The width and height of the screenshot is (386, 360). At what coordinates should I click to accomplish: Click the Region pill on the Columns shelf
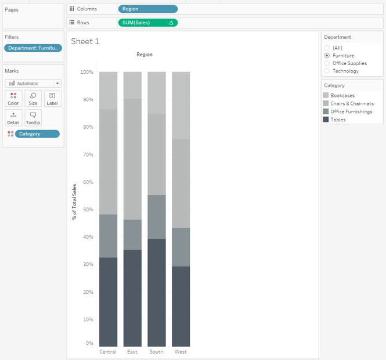(x=147, y=9)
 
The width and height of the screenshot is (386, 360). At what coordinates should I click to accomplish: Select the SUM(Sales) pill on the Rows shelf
(x=147, y=23)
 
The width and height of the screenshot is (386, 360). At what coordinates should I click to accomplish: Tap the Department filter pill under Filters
(x=33, y=48)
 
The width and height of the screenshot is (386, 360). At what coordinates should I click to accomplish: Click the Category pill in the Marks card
(x=37, y=134)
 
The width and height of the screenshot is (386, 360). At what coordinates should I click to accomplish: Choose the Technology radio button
(x=327, y=71)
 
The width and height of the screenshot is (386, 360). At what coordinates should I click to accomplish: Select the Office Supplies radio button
(x=327, y=63)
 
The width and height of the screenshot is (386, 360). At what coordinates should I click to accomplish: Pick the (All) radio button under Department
(x=327, y=48)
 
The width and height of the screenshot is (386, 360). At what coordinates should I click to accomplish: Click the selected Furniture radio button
(x=327, y=56)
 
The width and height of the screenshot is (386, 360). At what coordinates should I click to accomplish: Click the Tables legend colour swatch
(x=326, y=120)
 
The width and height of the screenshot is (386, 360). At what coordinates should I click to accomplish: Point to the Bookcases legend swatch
(x=326, y=95)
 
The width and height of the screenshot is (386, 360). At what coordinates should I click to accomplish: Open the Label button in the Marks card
(x=52, y=98)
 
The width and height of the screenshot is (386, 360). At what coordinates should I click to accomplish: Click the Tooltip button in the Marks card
(x=33, y=118)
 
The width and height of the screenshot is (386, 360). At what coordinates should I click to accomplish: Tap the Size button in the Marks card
(x=33, y=98)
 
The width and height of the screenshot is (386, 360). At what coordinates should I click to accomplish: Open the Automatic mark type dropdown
(x=33, y=84)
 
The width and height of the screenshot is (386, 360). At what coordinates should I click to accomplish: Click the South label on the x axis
(x=156, y=352)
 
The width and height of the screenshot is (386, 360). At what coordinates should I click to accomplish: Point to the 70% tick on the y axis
(x=86, y=154)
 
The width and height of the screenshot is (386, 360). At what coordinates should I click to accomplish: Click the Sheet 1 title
(x=85, y=42)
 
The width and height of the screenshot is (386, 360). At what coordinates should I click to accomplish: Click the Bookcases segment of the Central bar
(x=108, y=91)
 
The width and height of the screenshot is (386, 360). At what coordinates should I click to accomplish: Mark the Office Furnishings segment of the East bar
(x=132, y=235)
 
